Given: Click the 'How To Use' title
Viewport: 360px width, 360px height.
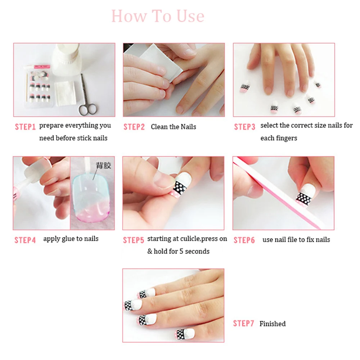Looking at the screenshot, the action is click(x=158, y=16).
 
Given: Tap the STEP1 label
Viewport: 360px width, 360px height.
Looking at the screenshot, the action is click(x=25, y=127).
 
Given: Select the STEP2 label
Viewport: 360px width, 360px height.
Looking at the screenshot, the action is click(x=134, y=127).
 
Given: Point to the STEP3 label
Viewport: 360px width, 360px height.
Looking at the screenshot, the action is click(x=244, y=127).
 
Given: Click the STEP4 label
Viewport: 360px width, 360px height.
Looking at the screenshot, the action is click(x=25, y=240).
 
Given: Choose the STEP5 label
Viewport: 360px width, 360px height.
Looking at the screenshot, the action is click(x=134, y=240).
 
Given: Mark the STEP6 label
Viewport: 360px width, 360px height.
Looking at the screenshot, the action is click(x=244, y=240).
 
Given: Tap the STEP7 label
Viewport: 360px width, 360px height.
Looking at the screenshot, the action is click(x=244, y=323).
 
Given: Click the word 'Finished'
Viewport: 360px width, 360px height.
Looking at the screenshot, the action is click(x=273, y=324).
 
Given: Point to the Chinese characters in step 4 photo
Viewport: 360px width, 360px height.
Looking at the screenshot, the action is click(x=103, y=165).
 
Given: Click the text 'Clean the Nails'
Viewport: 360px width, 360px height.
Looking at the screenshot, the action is click(x=174, y=127).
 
